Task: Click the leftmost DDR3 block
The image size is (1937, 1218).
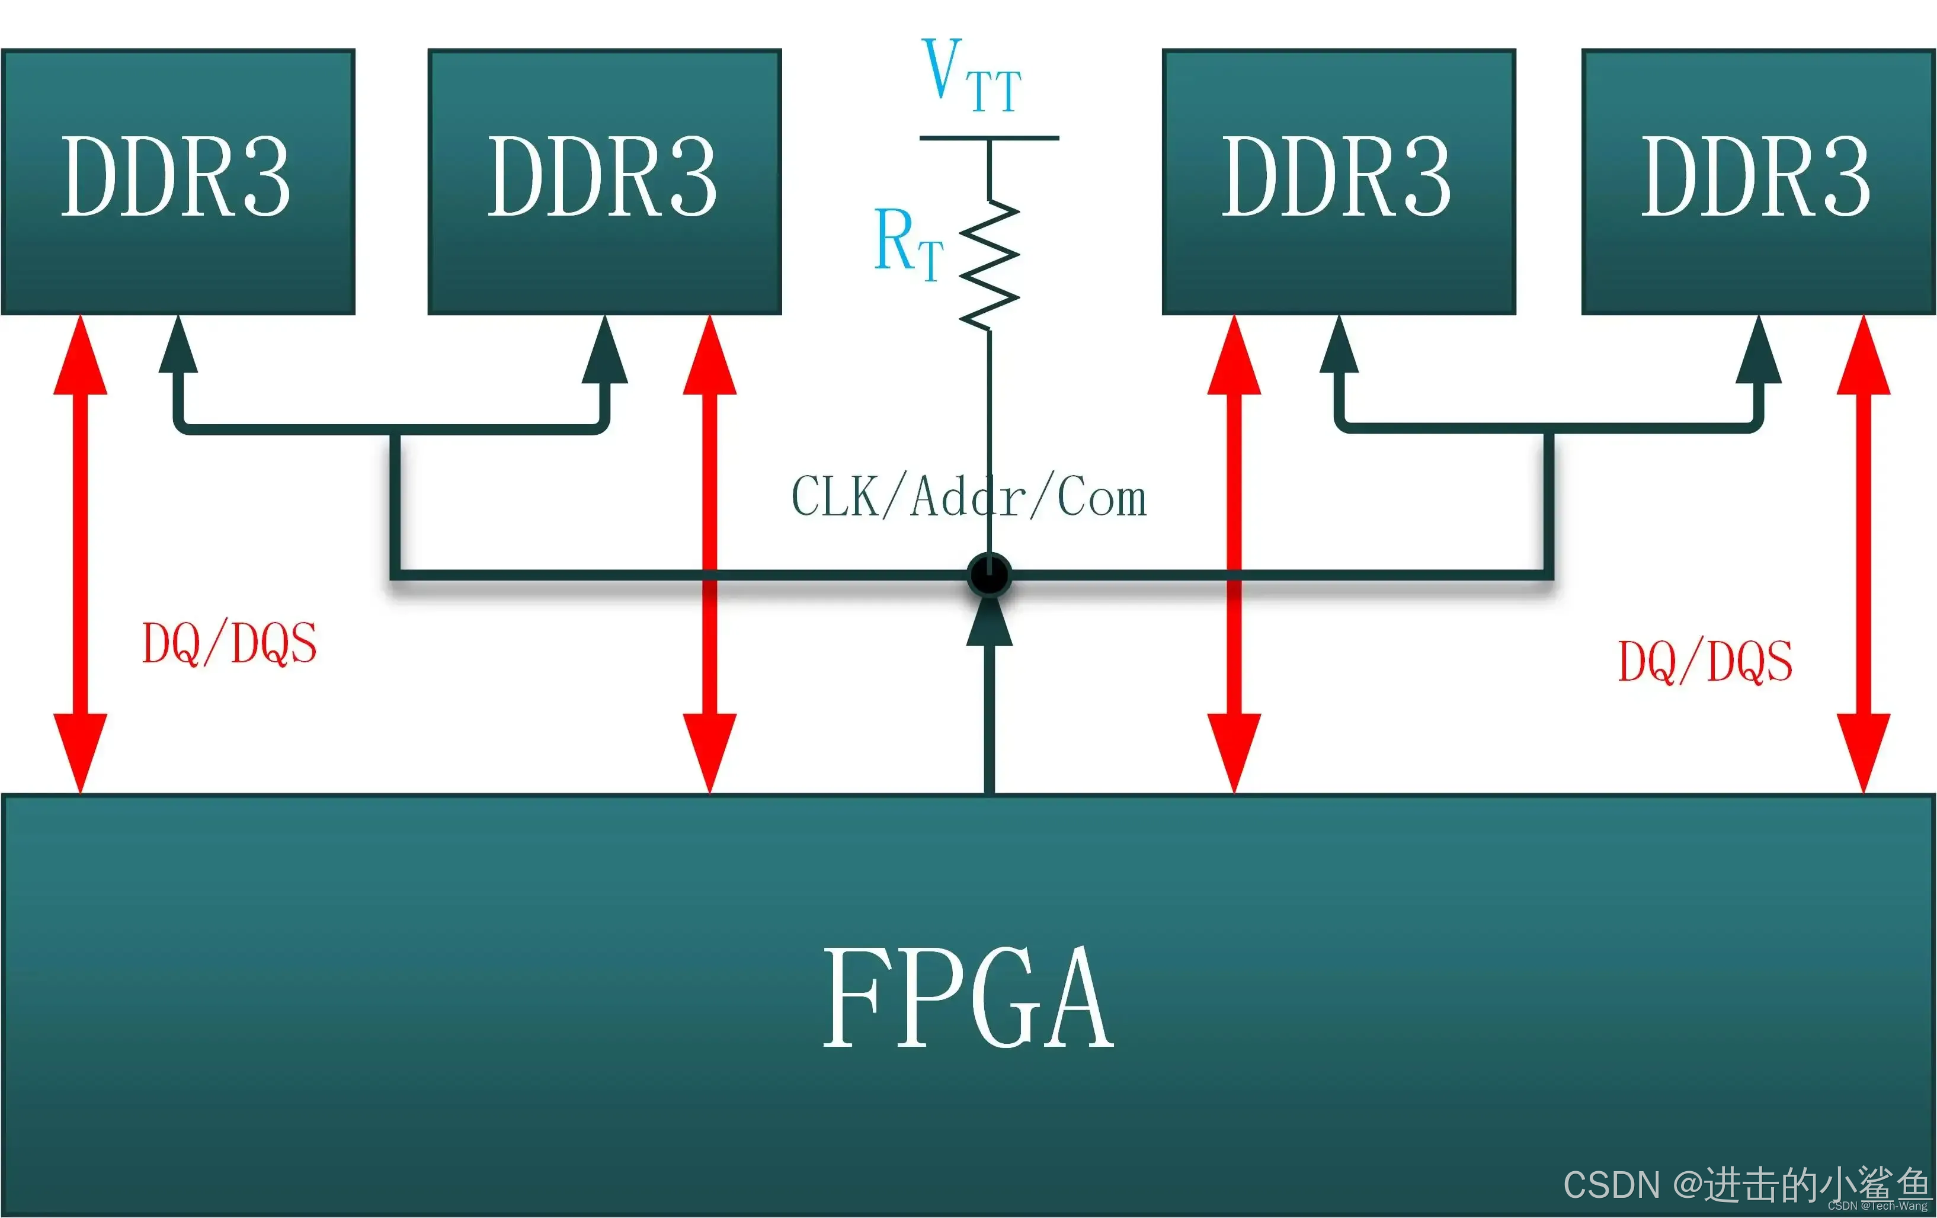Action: click(178, 181)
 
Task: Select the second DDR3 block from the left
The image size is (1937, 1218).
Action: click(604, 181)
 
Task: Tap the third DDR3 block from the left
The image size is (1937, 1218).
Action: click(1339, 181)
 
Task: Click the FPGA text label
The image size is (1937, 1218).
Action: click(968, 998)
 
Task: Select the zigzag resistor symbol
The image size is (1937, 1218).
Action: click(990, 265)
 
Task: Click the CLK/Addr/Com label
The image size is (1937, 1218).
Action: click(968, 497)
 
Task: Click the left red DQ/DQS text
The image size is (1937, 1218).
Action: click(229, 643)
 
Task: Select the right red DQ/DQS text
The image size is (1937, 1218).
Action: click(1705, 661)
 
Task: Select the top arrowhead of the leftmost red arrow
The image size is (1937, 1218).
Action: click(81, 358)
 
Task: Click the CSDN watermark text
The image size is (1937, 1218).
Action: click(1746, 1184)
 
